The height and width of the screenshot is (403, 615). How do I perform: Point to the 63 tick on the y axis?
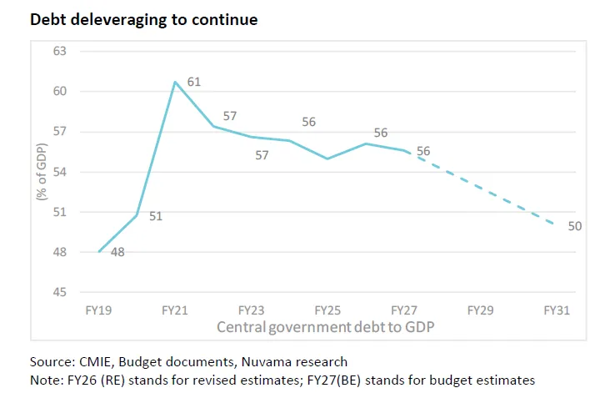pyautogui.click(x=61, y=52)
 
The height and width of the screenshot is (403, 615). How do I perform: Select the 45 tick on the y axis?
pyautogui.click(x=61, y=292)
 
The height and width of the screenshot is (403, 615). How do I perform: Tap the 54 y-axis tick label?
pyautogui.click(x=61, y=172)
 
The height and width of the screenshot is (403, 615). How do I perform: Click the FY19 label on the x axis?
pyautogui.click(x=99, y=310)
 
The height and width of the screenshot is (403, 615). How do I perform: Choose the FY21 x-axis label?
pyautogui.click(x=175, y=310)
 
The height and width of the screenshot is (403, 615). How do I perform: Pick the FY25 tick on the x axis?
pyautogui.click(x=327, y=310)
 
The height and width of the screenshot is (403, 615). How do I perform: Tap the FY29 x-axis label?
pyautogui.click(x=480, y=310)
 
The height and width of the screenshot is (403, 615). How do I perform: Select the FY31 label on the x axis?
pyautogui.click(x=556, y=310)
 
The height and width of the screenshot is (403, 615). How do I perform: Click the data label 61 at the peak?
pyautogui.click(x=194, y=82)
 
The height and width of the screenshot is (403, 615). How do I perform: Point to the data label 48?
pyautogui.click(x=117, y=251)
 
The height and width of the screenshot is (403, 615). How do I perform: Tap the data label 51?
pyautogui.click(x=155, y=217)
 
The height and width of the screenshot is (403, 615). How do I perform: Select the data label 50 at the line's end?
pyautogui.click(x=574, y=225)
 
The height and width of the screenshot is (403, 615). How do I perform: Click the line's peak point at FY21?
pyautogui.click(x=175, y=82)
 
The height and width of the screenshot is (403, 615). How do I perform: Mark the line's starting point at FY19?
pyautogui.click(x=99, y=252)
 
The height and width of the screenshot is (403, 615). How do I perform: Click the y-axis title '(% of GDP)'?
pyautogui.click(x=40, y=172)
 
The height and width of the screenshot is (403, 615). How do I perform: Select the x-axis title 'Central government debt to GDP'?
pyautogui.click(x=326, y=326)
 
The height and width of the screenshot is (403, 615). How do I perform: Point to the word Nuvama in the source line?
pyautogui.click(x=255, y=362)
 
